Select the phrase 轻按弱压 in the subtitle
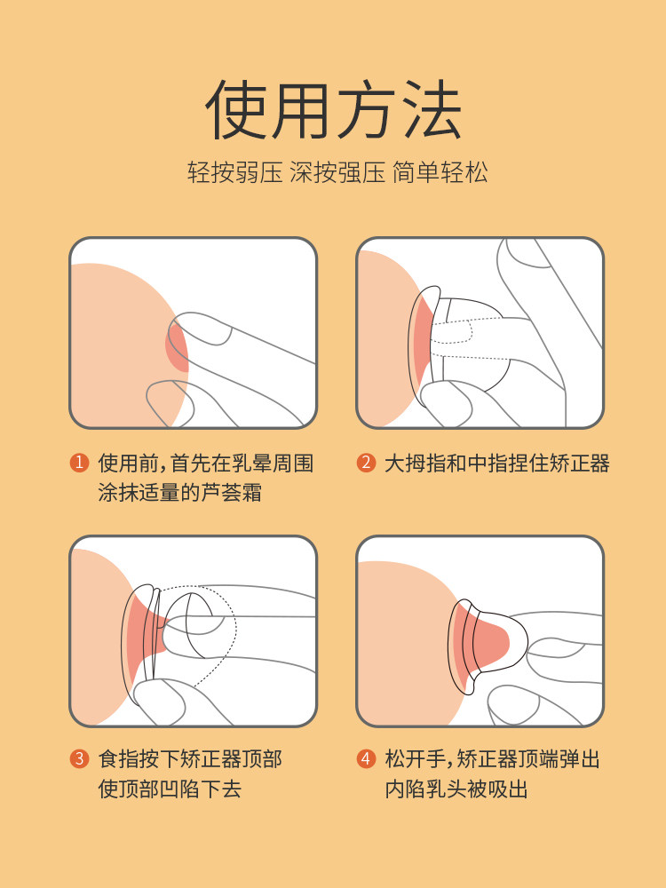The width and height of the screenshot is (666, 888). click(236, 171)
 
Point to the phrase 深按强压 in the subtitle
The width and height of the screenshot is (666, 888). click(338, 171)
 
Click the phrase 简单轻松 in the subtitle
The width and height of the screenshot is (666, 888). click(440, 171)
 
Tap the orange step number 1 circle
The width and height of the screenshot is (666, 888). click(79, 463)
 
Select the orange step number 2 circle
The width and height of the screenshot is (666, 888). click(366, 463)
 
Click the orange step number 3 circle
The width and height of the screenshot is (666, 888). click(79, 759)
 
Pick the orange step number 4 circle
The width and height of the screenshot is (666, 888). click(366, 759)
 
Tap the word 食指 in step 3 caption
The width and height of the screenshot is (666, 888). click(118, 759)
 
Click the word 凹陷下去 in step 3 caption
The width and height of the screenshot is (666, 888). click(200, 789)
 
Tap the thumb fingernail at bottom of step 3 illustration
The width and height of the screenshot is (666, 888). click(169, 702)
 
